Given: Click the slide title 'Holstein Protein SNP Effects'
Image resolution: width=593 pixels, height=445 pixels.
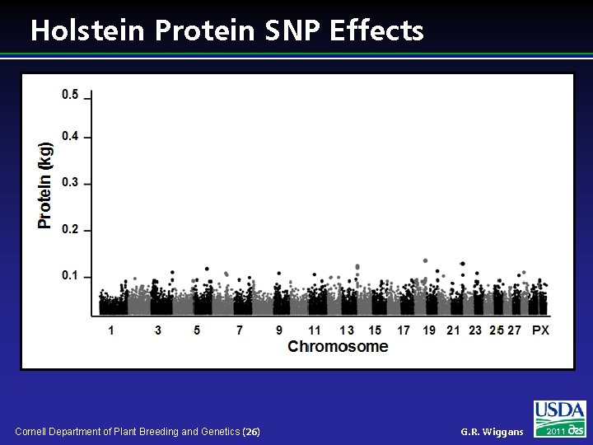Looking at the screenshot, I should coord(226,30).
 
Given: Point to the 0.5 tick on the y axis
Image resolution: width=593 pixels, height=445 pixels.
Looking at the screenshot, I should coord(70,95).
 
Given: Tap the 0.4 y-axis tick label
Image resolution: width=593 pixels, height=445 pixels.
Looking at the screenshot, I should coord(70,136).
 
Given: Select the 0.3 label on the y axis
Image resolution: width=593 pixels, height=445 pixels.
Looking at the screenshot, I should coord(70,183).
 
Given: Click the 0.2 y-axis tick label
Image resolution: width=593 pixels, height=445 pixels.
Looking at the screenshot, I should coord(70,229).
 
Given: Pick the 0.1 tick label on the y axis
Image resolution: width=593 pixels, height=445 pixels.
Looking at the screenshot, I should coord(70,275).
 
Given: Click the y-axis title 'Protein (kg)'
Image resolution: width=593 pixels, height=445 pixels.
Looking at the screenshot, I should coord(46,185).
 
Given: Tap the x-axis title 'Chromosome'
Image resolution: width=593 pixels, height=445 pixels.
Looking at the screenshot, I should coord(338,347).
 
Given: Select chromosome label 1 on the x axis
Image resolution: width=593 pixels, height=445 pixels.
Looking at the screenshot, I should coord(111,330).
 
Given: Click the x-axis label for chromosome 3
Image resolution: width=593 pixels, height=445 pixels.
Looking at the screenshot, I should coord(157,330).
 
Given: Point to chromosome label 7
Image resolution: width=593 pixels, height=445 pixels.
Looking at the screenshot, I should coord(240,330).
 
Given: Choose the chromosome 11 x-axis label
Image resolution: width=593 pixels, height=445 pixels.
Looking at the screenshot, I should coord(314,330).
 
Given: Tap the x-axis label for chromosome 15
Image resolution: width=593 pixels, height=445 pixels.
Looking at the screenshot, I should coord(375,330).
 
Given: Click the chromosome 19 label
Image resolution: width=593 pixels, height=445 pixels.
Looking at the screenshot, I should coord(429,330).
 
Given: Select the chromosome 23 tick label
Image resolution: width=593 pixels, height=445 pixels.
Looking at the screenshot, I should coord(475,330).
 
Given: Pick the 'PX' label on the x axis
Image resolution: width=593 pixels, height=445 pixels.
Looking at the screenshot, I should coord(540,330).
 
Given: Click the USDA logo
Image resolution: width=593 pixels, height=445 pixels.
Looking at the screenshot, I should coord(560,419).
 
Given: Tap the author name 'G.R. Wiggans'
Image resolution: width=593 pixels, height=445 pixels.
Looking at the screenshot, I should coord(492,432).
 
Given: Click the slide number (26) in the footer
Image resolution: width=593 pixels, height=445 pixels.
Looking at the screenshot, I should coord(252,432).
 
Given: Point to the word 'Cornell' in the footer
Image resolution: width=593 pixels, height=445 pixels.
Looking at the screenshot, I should coord(32,432).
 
